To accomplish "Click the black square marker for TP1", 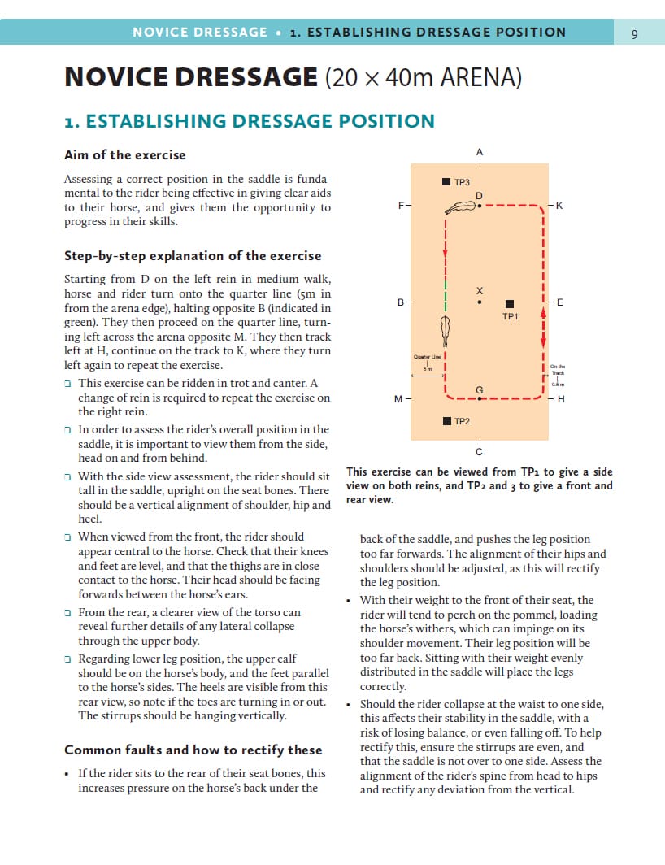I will pyautogui.click(x=510, y=303).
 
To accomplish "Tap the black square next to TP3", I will pyautogui.click(x=446, y=183).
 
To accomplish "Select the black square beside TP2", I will pyautogui.click(x=446, y=421).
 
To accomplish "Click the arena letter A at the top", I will pyautogui.click(x=480, y=152).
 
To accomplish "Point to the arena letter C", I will pyautogui.click(x=479, y=452).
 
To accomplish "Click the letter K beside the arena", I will pyautogui.click(x=559, y=206).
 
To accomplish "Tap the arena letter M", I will pyautogui.click(x=398, y=399).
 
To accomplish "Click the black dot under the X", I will pyautogui.click(x=480, y=303).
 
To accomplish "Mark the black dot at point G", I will pyautogui.click(x=480, y=399).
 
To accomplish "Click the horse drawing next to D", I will pyautogui.click(x=459, y=208).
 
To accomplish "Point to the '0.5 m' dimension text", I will pyautogui.click(x=558, y=384).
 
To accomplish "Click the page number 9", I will pyautogui.click(x=634, y=33).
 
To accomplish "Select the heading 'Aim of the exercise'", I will pyautogui.click(x=124, y=154).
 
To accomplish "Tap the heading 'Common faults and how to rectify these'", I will pyautogui.click(x=193, y=750).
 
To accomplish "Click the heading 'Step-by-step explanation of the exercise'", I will pyautogui.click(x=193, y=255).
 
